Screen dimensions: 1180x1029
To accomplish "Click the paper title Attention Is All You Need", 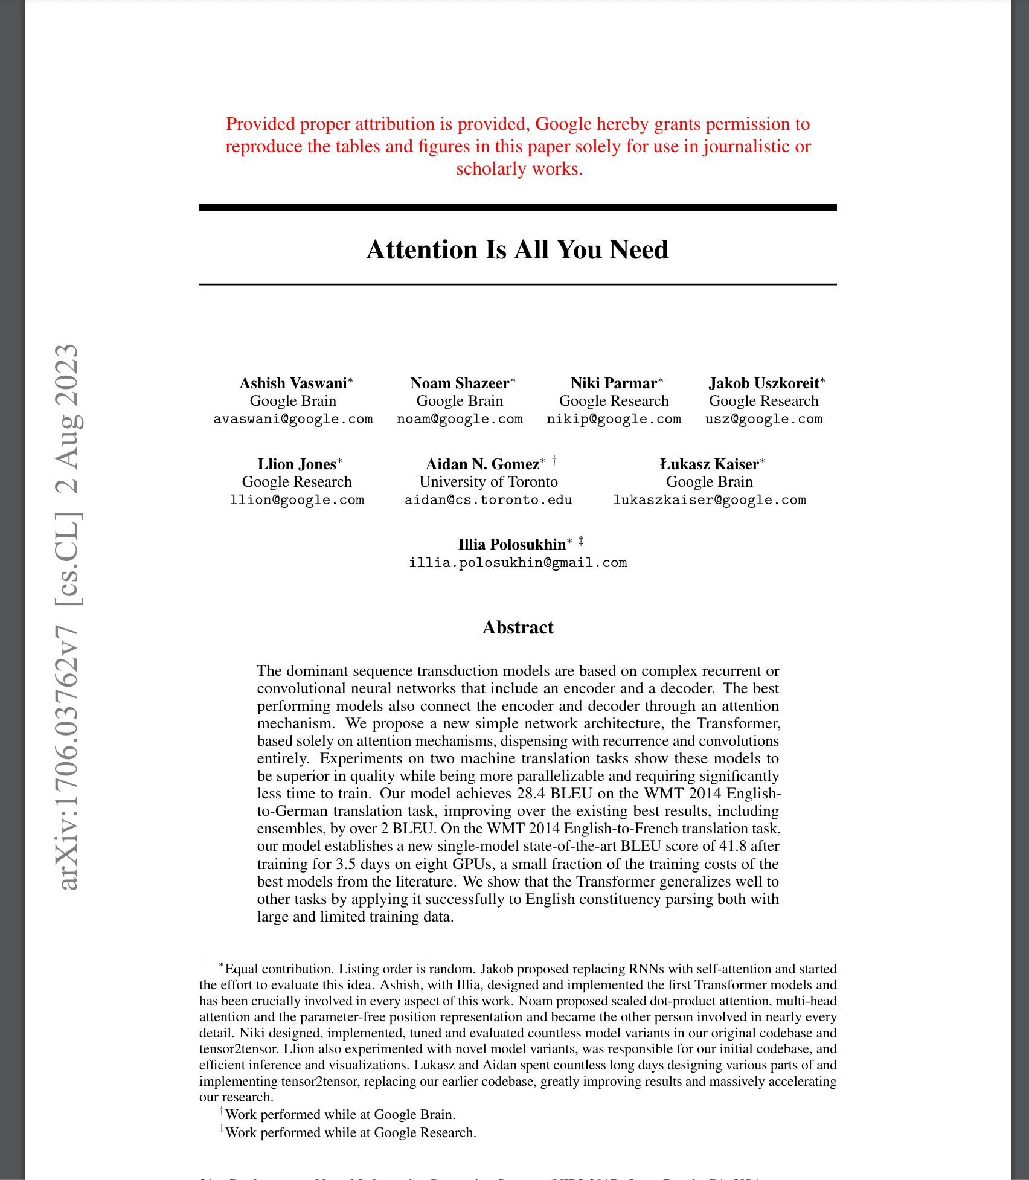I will (518, 250).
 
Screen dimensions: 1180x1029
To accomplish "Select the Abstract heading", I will (518, 627).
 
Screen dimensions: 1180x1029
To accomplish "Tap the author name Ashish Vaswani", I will (293, 383).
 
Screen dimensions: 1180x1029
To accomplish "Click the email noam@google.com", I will (460, 419).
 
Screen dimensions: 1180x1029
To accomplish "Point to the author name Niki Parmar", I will (614, 383).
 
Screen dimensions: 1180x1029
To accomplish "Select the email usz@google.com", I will (764, 419).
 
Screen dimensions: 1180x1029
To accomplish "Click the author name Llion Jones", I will (297, 464).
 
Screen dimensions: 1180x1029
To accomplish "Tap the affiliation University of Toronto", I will (489, 482).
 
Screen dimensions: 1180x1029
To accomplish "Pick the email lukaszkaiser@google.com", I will (710, 500).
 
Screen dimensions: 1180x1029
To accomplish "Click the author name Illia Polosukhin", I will (512, 545).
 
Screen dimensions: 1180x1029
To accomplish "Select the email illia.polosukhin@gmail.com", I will (518, 563).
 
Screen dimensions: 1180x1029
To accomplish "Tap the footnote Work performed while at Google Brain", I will (340, 1115).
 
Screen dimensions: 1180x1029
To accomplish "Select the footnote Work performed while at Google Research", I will (351, 1132).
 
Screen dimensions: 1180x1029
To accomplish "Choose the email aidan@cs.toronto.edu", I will (489, 500).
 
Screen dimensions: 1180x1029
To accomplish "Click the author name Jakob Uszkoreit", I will (764, 383).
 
